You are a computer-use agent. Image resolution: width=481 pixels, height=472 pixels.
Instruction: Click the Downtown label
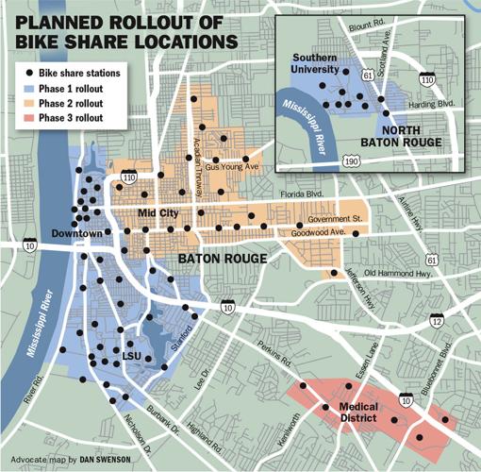coord(76,232)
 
